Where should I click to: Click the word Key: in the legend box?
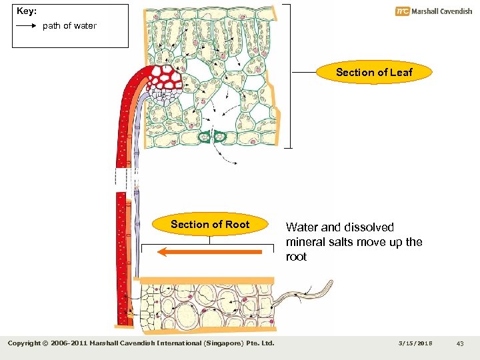click(x=27, y=11)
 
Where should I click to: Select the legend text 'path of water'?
click(x=69, y=26)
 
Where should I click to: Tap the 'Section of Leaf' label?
click(x=374, y=72)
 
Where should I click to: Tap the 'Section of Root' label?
click(x=209, y=225)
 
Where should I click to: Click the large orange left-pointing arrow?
click(x=210, y=252)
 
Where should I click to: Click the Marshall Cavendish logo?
click(x=433, y=11)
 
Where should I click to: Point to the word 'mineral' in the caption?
click(x=306, y=242)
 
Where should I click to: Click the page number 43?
click(x=460, y=343)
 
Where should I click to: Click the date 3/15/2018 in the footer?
click(x=415, y=343)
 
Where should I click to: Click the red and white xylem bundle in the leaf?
click(x=166, y=79)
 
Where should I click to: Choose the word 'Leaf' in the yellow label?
click(x=401, y=72)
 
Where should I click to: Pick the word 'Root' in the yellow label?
click(x=237, y=225)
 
